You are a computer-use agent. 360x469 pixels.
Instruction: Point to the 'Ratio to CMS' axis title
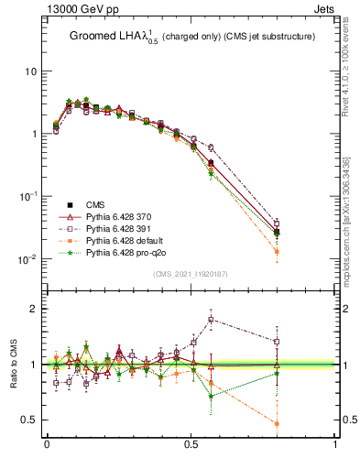(x=16, y=364)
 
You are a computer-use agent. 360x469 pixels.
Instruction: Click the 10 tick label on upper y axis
(x=32, y=71)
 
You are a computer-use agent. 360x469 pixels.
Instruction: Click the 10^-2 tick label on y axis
(x=29, y=258)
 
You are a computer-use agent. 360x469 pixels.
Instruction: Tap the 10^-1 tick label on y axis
(x=29, y=196)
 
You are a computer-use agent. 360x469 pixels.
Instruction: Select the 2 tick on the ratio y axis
(x=36, y=308)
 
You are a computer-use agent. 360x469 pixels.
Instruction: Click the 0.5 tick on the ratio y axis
(x=32, y=420)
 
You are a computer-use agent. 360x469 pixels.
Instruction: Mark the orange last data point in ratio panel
(x=278, y=423)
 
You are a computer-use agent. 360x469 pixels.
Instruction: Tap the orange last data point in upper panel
(x=278, y=251)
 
